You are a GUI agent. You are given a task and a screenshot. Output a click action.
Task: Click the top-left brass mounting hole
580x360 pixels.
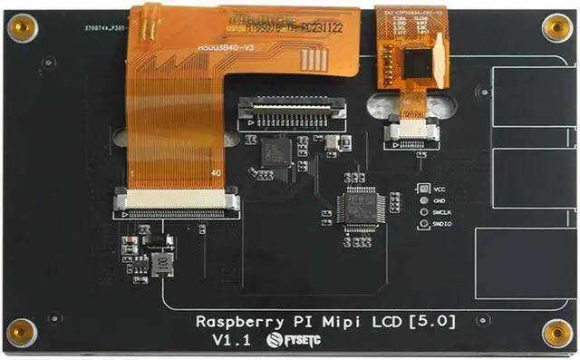[22, 28]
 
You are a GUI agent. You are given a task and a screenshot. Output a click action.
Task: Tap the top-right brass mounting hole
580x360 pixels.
[556, 27]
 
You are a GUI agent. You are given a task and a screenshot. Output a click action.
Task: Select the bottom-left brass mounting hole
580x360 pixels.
[22, 333]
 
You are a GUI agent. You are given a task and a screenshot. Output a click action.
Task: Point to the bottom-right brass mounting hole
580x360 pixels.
[556, 333]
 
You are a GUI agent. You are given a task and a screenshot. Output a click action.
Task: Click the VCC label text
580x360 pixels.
[441, 189]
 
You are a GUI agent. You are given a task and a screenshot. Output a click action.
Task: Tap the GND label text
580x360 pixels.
[440, 200]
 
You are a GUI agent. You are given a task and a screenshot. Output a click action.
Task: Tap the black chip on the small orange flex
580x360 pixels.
[418, 63]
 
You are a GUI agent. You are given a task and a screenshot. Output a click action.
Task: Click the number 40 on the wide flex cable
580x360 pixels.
[215, 172]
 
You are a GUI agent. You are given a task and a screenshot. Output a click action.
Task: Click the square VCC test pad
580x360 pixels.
[423, 189]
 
